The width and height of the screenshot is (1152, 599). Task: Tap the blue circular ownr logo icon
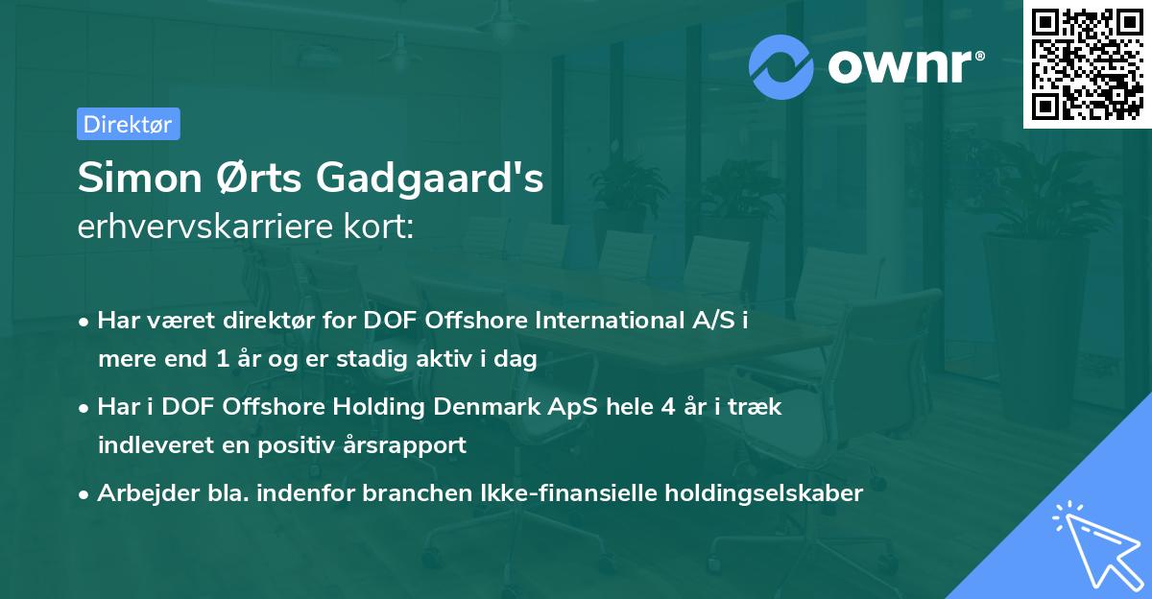(781, 66)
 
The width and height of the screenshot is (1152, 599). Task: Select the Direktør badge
(128, 124)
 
